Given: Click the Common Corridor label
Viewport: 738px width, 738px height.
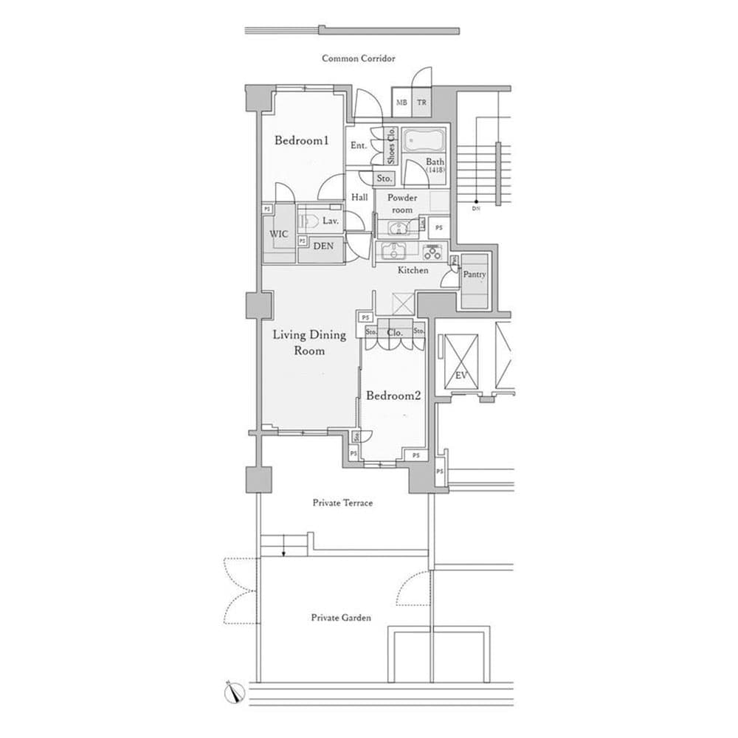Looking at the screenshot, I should [359, 58].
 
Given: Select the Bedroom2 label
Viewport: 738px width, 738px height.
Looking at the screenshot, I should [393, 396].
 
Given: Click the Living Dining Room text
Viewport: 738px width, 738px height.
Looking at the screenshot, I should [309, 342].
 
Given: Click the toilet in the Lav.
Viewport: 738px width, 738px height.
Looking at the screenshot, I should [310, 221].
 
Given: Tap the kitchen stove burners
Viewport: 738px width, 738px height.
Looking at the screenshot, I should [432, 252].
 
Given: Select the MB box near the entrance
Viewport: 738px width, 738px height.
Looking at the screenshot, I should [401, 103].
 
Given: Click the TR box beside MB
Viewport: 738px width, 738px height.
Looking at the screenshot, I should [421, 103].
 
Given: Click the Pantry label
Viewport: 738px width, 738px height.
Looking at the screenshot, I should [475, 275].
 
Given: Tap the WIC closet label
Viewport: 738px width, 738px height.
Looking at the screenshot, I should [279, 233].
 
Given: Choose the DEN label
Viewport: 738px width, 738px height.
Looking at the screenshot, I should [323, 246].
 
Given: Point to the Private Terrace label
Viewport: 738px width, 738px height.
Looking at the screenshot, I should [342, 503].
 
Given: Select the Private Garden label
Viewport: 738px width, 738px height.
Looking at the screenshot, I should [341, 618].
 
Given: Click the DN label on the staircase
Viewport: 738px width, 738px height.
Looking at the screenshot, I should [476, 209].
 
